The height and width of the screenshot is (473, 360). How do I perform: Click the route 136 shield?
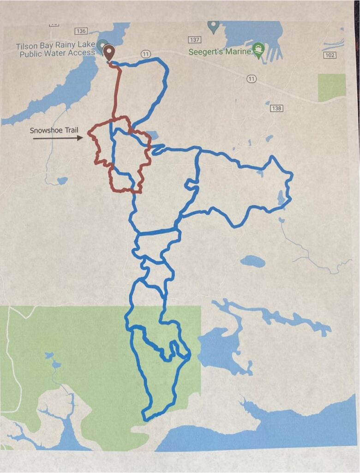click(81, 31)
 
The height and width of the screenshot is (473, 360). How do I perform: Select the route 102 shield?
click(330, 55)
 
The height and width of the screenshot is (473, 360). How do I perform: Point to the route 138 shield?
click(276, 108)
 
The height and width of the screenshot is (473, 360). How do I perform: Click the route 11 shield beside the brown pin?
click(145, 54)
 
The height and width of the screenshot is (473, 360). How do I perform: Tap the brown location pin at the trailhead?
click(108, 53)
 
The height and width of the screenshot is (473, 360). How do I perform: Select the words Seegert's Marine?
click(220, 52)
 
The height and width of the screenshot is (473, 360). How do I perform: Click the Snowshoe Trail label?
click(53, 130)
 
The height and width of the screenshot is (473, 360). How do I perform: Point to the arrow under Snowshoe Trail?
click(58, 137)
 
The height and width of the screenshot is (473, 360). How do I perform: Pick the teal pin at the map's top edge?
click(213, 27)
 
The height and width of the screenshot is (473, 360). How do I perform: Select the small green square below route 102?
click(331, 87)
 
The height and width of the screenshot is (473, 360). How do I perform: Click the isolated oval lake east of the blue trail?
click(253, 261)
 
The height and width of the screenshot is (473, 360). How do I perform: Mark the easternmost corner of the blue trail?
click(292, 175)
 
